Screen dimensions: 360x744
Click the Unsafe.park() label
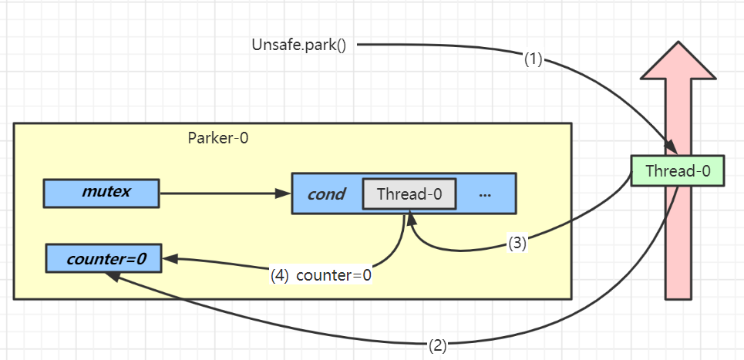point(298,45)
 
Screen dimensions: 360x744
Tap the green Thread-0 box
point(678,170)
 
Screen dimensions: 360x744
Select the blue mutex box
point(101,193)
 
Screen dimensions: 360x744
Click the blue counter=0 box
point(105,259)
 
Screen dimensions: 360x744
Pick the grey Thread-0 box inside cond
point(409,193)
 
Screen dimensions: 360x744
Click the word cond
point(326,193)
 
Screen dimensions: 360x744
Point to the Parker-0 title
point(218,138)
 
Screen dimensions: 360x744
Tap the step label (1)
point(534,59)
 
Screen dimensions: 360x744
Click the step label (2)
point(437,345)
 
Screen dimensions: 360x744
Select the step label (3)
point(517,243)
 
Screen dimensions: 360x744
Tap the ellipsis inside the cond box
point(485,194)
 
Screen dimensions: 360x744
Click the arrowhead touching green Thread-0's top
point(672,148)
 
